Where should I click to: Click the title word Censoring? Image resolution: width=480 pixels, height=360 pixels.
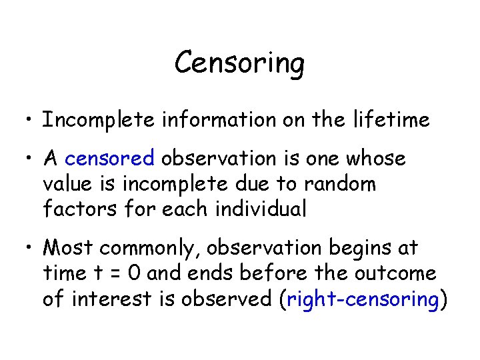(x=239, y=64)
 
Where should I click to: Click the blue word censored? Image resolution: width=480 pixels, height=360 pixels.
(x=110, y=159)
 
